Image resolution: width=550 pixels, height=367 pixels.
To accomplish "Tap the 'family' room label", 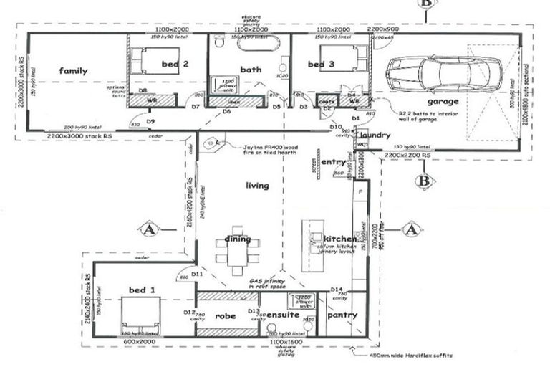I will coord(73,71).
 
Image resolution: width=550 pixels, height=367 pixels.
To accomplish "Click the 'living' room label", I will coord(256,186).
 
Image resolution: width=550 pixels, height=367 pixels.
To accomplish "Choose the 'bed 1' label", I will coord(142,290).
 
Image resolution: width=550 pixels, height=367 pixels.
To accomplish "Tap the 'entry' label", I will coord(333,163).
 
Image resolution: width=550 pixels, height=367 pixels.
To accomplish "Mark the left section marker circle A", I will coord(149,229).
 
